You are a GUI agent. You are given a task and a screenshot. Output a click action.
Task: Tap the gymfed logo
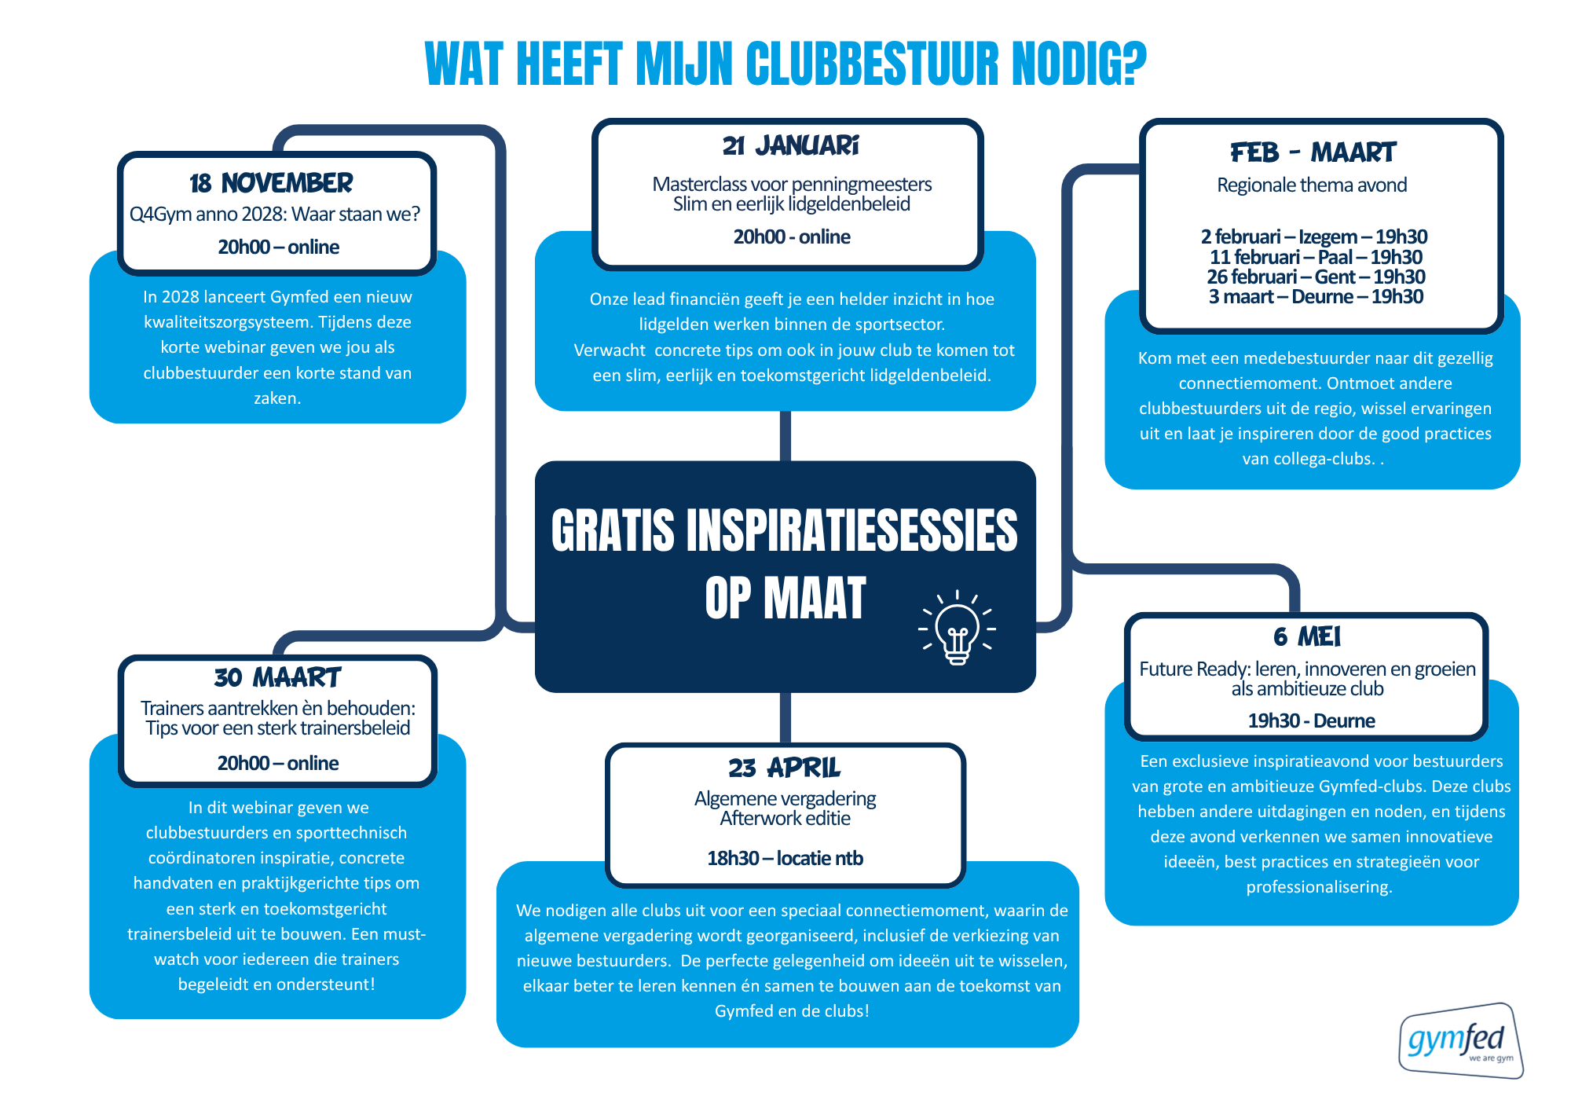click(1459, 1041)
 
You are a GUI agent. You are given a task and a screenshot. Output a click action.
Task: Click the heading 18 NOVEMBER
click(271, 183)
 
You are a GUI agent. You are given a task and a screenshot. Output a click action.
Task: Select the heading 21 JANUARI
click(790, 146)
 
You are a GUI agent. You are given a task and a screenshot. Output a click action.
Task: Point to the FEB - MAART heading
click(1313, 152)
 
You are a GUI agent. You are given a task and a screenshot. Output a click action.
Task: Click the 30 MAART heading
click(277, 677)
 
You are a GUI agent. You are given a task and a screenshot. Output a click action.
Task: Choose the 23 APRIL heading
click(784, 768)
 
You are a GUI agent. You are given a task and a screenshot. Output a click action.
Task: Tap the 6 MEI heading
click(1307, 636)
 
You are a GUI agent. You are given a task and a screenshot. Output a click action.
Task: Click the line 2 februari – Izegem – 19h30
click(1313, 236)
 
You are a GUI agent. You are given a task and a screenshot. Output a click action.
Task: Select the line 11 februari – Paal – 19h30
click(1316, 257)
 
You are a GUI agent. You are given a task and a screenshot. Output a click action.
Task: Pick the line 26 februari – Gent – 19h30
click(1316, 277)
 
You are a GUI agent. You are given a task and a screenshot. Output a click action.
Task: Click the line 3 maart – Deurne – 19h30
click(1316, 297)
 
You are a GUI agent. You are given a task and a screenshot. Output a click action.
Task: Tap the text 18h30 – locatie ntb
click(785, 858)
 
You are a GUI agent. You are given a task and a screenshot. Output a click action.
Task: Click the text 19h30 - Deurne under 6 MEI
click(1311, 720)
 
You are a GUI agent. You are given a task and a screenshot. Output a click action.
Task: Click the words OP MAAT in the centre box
click(785, 599)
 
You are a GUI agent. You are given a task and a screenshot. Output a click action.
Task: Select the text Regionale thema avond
click(1312, 185)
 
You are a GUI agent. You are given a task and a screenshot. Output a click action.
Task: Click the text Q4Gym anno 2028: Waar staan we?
click(275, 214)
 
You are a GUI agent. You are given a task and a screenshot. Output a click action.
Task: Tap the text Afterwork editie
click(785, 819)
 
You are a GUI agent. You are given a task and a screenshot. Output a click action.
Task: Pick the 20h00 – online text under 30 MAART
click(278, 763)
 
